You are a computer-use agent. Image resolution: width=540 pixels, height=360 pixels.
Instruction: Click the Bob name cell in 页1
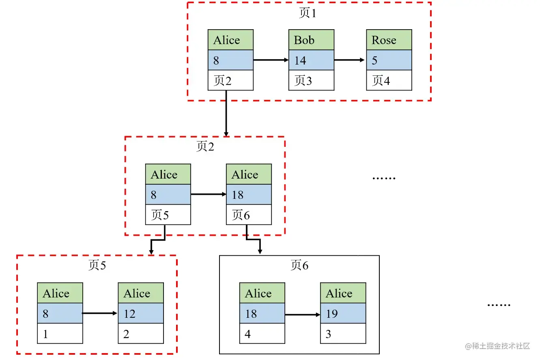pos(311,40)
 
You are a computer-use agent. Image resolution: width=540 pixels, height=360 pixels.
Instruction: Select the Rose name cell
pos(389,40)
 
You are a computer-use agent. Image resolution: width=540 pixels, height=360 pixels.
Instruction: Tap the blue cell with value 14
pos(311,60)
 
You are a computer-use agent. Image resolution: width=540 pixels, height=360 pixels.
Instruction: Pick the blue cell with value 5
pos(389,60)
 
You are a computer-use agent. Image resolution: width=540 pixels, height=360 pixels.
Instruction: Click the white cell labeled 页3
pos(311,80)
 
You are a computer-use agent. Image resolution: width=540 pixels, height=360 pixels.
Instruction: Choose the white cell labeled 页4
pos(389,80)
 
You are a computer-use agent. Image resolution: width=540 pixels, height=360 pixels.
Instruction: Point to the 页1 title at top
pos(308,13)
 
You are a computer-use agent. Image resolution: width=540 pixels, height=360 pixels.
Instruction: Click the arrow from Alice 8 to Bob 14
pos(271,60)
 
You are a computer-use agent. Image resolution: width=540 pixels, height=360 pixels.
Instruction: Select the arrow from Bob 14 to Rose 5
pos(349,60)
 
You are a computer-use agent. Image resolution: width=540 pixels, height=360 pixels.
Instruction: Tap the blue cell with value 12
pos(141,313)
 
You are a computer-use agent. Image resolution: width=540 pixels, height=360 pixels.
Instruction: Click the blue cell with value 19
pos(343,313)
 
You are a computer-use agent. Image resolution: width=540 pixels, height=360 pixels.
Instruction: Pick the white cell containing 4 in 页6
pos(262,334)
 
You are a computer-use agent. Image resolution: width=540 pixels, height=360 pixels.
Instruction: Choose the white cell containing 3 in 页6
pos(343,334)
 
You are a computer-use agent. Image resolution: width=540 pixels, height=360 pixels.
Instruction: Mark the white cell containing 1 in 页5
pos(60,334)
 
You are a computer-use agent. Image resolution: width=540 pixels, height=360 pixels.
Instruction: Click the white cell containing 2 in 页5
pos(141,334)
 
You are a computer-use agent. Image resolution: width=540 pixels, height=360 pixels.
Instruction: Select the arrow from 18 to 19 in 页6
pos(303,315)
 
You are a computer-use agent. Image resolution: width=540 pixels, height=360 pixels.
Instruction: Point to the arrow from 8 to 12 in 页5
pos(100,313)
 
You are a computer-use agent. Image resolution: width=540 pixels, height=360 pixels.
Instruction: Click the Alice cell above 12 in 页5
pos(141,293)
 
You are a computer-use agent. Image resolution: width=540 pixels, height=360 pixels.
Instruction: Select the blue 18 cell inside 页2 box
pos(249,194)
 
